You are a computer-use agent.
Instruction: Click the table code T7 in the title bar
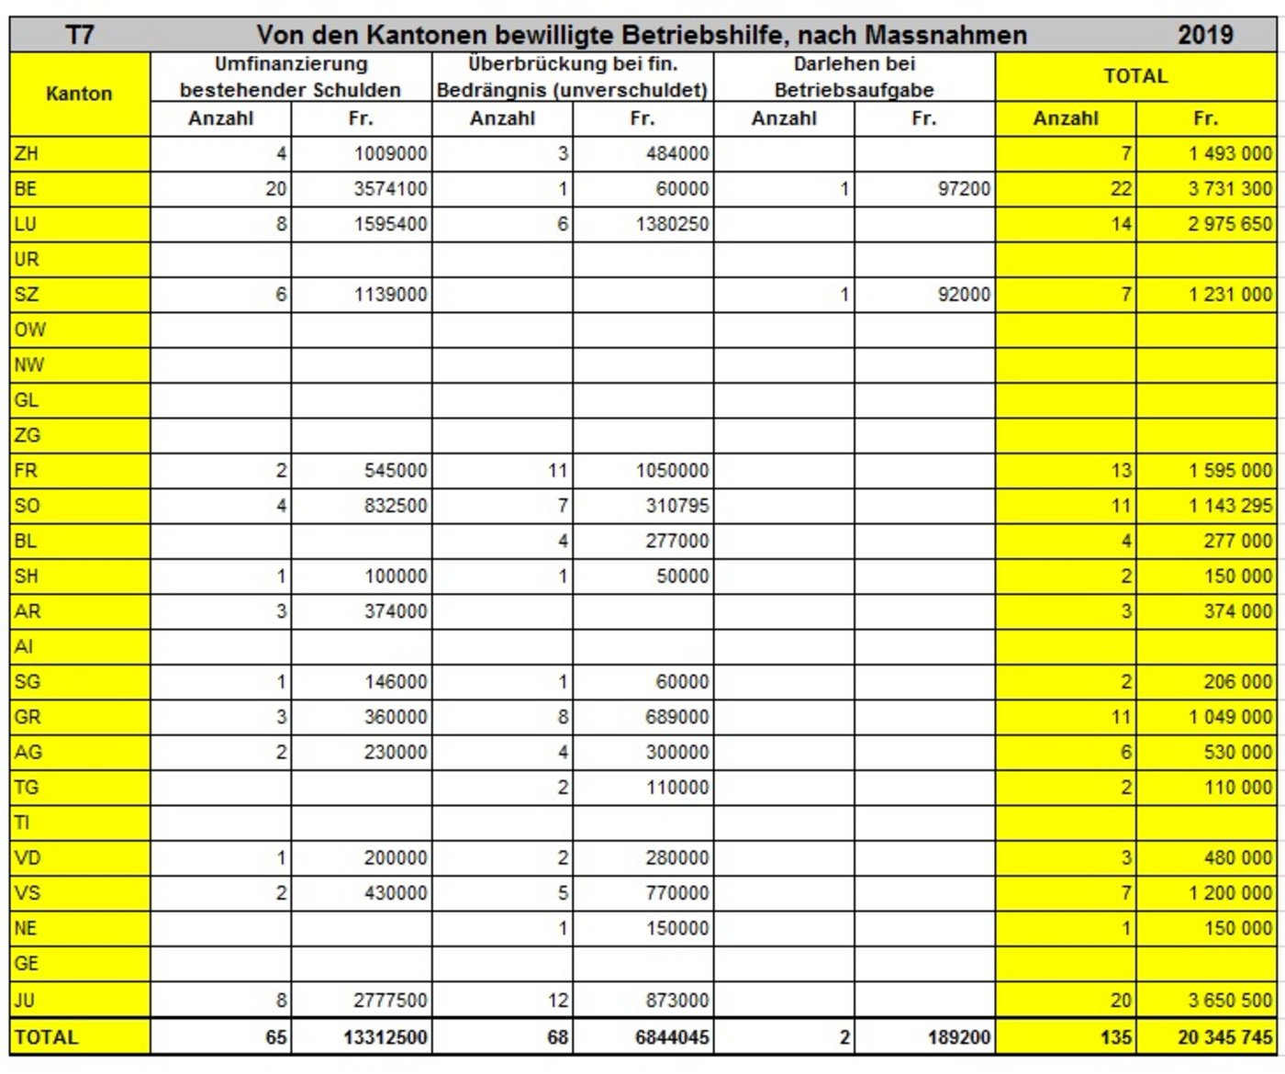tap(80, 35)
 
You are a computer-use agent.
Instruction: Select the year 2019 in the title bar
tap(1205, 35)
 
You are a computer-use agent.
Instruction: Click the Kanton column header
tap(79, 94)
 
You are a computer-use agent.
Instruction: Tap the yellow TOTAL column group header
tap(1135, 76)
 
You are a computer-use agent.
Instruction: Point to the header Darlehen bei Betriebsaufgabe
tap(854, 77)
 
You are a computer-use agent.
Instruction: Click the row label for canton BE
tap(26, 189)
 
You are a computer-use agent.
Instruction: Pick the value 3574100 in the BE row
tap(391, 189)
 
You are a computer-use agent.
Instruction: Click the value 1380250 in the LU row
tap(672, 224)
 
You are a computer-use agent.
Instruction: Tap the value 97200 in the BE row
tap(964, 189)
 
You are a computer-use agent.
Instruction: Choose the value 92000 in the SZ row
tap(964, 295)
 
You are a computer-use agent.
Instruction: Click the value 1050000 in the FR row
tap(672, 471)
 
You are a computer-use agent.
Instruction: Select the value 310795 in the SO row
tap(676, 506)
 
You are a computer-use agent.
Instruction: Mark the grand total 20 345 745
tap(1224, 1037)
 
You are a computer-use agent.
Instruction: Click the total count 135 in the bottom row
tap(1115, 1037)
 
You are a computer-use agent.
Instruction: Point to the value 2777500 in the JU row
tap(391, 1000)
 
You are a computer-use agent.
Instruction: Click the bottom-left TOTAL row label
tap(46, 1037)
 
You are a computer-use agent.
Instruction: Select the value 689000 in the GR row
tap(676, 717)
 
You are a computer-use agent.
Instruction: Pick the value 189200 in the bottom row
tap(958, 1037)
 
